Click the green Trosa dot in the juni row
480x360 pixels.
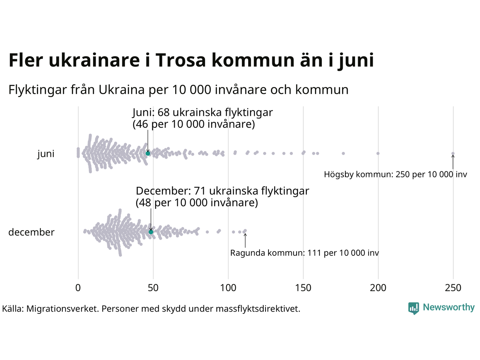coord(148,153)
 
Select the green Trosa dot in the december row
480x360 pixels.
coord(151,232)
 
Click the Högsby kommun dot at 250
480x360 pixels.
coord(453,153)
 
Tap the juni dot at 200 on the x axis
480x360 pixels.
coord(378,153)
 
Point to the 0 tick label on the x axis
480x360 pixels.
coord(78,288)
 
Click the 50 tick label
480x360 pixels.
coord(153,288)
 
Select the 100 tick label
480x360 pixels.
coord(228,288)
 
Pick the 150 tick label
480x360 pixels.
coord(303,288)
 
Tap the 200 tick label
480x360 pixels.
coord(378,288)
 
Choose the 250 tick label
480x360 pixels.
coord(453,288)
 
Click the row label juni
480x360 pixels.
coord(46,154)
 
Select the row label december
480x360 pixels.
coord(31,232)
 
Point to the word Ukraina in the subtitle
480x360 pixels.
coord(121,90)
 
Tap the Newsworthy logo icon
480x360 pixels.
coord(414,308)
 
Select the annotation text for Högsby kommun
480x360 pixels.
coord(396,174)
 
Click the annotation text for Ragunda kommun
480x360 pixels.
coord(304,253)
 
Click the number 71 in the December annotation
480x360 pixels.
coord(200,191)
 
